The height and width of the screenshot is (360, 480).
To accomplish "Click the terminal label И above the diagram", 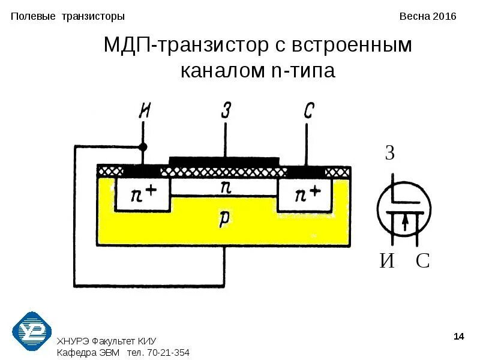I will [x=145, y=110].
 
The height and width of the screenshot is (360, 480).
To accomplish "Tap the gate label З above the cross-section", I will [x=226, y=110].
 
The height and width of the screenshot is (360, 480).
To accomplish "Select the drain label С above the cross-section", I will [x=308, y=110].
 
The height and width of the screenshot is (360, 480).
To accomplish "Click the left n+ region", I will [x=142, y=194].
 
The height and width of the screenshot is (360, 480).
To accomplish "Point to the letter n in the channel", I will [x=226, y=187].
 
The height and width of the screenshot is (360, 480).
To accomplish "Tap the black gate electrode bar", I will [x=224, y=161].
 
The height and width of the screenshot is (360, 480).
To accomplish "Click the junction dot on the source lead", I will [x=143, y=146].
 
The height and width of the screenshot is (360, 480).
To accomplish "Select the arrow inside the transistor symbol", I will [x=406, y=221].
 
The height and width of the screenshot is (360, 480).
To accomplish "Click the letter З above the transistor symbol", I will [x=390, y=154].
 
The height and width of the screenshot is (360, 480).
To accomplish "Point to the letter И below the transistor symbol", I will [x=388, y=261].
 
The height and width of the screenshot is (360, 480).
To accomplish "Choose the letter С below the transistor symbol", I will [x=422, y=261].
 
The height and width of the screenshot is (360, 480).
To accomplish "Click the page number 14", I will [x=459, y=337].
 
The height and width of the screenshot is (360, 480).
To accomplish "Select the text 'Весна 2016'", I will [x=428, y=16].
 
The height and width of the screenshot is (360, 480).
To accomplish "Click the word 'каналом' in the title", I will [x=220, y=71].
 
